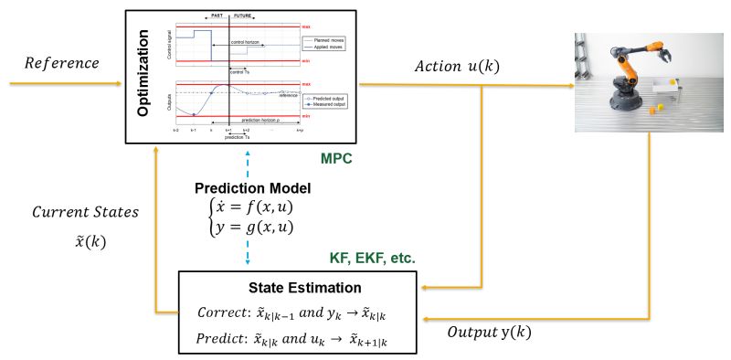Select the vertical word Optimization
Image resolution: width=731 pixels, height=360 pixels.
(143, 76)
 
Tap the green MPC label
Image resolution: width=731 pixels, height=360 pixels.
(335, 159)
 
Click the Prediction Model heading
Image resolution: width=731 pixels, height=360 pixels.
(252, 188)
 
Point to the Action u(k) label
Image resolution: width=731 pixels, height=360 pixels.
(457, 68)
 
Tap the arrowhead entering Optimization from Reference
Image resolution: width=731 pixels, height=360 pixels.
(121, 84)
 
